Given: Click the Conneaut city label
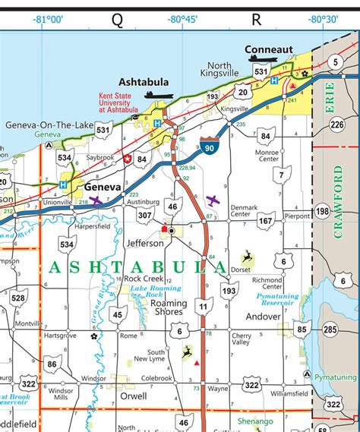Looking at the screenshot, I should click(x=269, y=49).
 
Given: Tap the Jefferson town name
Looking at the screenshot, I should click(x=145, y=244).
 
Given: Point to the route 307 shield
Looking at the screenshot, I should click(x=144, y=216).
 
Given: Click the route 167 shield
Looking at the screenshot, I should click(x=265, y=221).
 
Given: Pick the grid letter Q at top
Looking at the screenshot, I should click(x=117, y=17).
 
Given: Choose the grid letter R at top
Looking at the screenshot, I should click(x=257, y=17).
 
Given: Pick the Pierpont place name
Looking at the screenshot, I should click(x=296, y=216).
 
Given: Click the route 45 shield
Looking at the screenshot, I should click(x=118, y=314).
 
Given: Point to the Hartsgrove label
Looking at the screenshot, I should click(x=60, y=335).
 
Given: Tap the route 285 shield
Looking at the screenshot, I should click(x=330, y=330).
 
